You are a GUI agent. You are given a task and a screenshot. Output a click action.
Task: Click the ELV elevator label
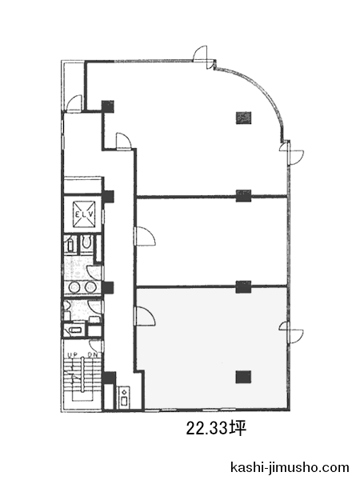(x=84, y=214)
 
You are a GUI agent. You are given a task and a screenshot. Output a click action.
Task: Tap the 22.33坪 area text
(x=217, y=429)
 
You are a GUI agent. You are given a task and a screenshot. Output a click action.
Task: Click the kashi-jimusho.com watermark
(x=290, y=467)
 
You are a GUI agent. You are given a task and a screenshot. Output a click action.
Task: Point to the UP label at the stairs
(x=73, y=354)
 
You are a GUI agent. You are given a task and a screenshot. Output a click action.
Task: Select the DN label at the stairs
(x=92, y=354)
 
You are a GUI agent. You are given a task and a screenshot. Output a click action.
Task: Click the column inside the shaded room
(x=243, y=377)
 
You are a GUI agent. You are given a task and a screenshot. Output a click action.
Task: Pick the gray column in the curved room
(x=243, y=118)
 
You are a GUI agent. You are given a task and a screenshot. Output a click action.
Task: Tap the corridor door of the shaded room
(x=145, y=316)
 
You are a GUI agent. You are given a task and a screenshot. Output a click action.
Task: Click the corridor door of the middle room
(x=145, y=236)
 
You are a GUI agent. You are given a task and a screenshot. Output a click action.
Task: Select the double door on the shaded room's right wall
(x=291, y=333)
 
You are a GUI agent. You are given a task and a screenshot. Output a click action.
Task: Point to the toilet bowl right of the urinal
(x=87, y=243)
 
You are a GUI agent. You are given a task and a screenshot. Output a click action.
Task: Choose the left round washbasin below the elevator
(x=74, y=287)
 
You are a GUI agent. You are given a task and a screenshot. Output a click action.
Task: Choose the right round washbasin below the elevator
(x=90, y=287)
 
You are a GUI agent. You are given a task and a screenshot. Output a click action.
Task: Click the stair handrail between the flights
(x=83, y=374)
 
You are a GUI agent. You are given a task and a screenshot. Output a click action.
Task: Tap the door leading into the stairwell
(x=96, y=346)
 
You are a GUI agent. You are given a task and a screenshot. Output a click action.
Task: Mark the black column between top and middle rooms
(x=243, y=196)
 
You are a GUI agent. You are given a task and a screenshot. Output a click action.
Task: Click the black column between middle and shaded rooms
(x=243, y=287)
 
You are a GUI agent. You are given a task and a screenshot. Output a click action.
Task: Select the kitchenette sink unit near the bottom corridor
(x=124, y=397)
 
